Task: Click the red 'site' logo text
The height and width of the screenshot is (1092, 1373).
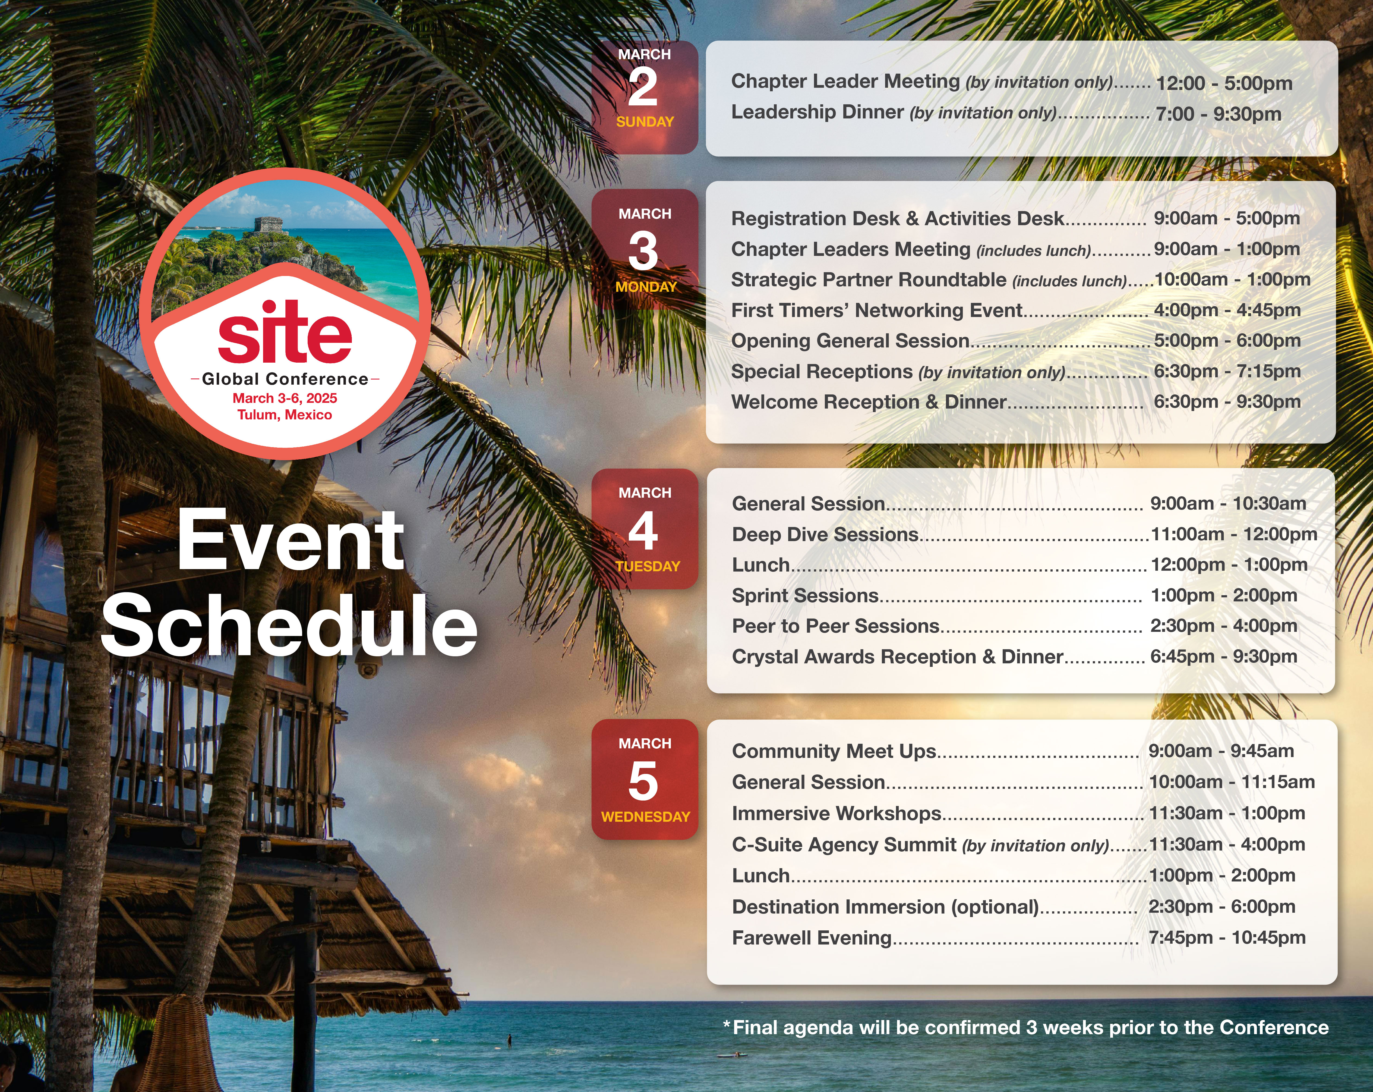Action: [285, 331]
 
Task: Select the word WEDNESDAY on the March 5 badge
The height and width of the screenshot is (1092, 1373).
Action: [645, 817]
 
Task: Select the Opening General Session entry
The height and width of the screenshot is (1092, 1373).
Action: [850, 341]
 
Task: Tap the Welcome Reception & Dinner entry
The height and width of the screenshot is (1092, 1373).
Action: [869, 402]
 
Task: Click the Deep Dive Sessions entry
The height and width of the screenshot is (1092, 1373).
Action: [825, 535]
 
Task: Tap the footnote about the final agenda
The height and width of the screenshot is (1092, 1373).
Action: [1026, 1028]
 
